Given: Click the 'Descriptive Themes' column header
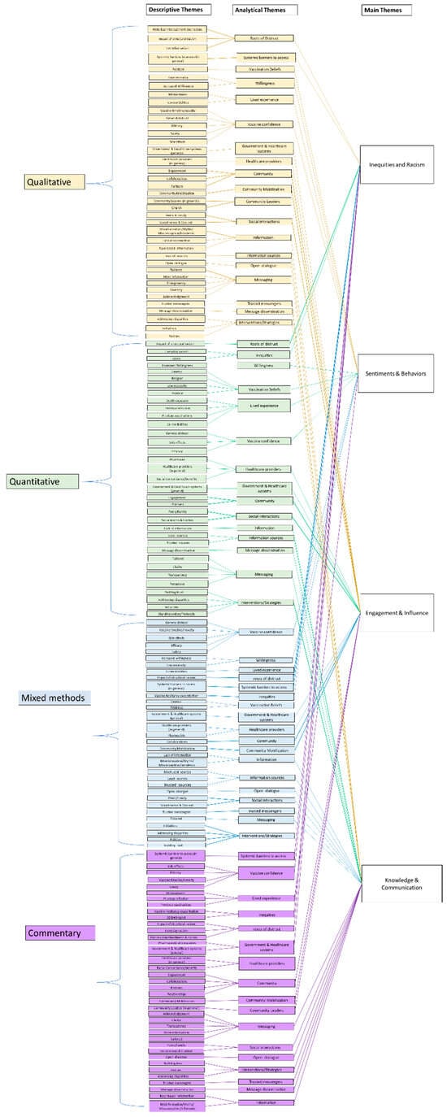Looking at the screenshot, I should click(178, 10).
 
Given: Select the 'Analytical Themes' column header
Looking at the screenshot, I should click(264, 10).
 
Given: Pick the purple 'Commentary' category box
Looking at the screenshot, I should click(59, 931).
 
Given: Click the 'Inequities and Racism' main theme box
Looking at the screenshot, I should click(395, 165).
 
